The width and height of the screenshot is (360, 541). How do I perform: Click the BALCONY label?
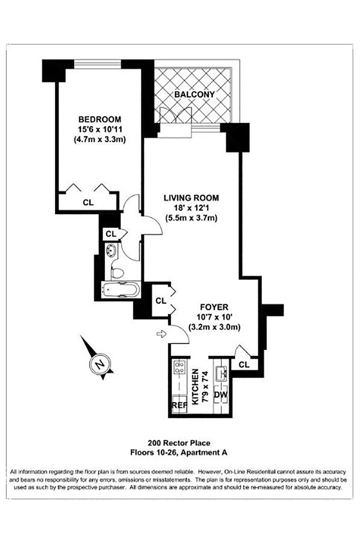tap(194, 94)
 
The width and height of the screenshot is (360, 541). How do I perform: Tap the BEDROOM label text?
tap(100, 119)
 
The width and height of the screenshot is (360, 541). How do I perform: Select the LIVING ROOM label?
tap(191, 198)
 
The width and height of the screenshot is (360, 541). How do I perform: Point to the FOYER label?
tap(214, 307)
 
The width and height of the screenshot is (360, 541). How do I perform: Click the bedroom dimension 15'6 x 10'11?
tap(100, 129)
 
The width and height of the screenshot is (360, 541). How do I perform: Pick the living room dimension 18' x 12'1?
tap(191, 208)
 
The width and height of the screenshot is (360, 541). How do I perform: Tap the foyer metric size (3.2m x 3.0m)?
tap(214, 327)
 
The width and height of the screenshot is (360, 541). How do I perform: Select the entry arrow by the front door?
tap(162, 334)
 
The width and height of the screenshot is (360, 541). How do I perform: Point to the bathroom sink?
tap(111, 250)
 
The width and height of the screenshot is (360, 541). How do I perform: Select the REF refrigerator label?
tap(179, 405)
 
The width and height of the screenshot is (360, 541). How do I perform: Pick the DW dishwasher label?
tap(221, 394)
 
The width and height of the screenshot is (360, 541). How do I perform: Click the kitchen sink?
tap(222, 373)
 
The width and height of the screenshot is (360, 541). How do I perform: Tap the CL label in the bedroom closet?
tap(88, 202)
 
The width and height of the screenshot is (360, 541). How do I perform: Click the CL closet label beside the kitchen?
tap(244, 364)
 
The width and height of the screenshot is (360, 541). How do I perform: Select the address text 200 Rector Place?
tap(179, 443)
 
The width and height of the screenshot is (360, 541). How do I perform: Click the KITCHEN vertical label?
tap(195, 386)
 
